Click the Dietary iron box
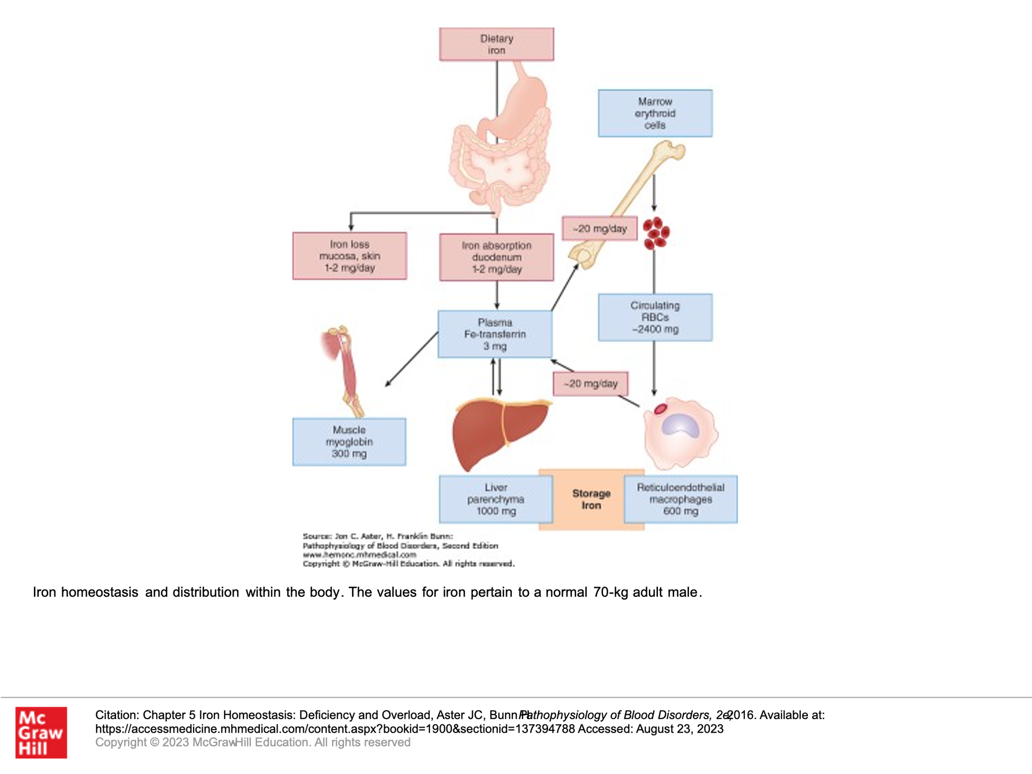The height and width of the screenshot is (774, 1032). tap(496, 44)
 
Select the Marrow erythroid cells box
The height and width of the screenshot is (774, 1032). tap(655, 114)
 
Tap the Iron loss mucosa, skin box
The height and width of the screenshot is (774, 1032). tap(350, 256)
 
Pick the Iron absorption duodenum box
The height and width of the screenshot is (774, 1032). tap(496, 257)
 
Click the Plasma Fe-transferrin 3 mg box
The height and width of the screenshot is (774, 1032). tap(495, 334)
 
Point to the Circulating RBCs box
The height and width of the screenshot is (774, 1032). tap(655, 317)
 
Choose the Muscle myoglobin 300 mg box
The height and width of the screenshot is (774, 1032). tap(349, 442)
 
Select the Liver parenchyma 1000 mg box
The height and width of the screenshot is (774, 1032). tap(495, 499)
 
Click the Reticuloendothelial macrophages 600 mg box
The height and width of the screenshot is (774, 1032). tap(681, 499)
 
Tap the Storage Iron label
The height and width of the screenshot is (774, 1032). tap(591, 499)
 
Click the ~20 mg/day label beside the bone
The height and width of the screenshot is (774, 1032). tap(599, 229)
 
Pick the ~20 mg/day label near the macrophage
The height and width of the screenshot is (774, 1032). tap(590, 384)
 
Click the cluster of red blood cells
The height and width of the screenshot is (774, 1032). tap(656, 233)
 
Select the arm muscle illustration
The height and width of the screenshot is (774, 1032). tap(345, 369)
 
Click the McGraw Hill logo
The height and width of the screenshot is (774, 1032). tap(41, 732)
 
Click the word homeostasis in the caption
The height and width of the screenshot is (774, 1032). tap(99, 592)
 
